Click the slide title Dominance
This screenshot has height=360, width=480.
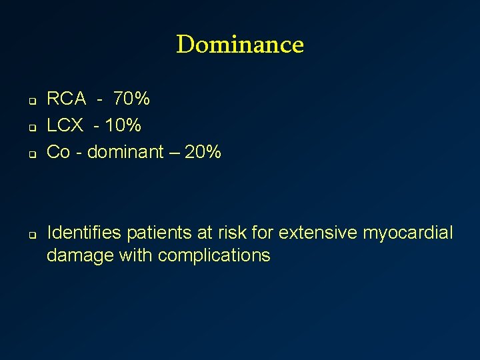[240, 45]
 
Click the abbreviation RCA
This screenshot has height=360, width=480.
[66, 99]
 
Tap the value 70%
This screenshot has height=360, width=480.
[131, 99]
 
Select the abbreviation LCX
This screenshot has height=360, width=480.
[65, 125]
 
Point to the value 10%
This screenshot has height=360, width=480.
[123, 125]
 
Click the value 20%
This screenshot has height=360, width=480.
[203, 152]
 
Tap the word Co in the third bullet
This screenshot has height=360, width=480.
[58, 152]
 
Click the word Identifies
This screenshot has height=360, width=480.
[84, 233]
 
